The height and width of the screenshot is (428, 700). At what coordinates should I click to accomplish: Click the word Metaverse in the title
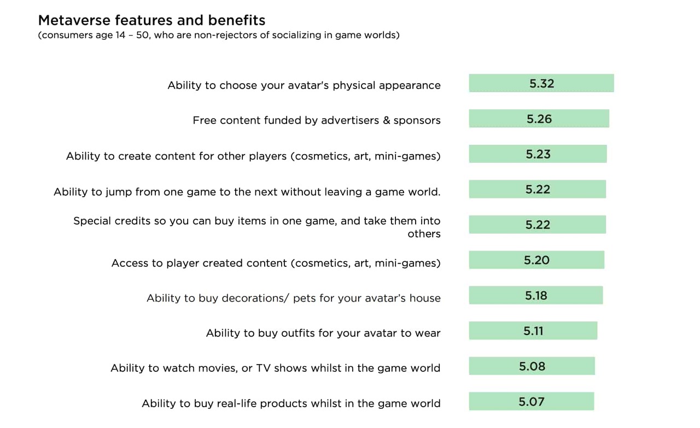(x=74, y=20)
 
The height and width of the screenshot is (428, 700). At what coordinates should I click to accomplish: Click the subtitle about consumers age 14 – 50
(x=219, y=35)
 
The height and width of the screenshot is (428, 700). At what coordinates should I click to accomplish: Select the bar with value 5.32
(x=541, y=83)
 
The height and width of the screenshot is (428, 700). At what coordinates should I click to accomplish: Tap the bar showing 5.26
(x=539, y=119)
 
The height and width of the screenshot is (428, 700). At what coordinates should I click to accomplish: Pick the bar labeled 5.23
(x=538, y=154)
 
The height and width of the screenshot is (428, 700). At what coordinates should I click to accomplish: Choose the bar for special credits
(x=538, y=224)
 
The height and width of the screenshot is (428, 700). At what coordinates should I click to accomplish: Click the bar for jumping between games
(x=538, y=189)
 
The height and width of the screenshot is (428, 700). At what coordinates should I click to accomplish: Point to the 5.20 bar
(x=536, y=260)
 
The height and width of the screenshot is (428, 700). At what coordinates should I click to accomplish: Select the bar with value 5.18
(x=536, y=295)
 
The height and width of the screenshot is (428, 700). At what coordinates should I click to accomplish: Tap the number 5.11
(x=533, y=331)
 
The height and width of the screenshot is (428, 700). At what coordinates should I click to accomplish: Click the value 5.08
(x=532, y=366)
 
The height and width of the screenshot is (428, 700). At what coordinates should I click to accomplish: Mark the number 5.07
(x=532, y=401)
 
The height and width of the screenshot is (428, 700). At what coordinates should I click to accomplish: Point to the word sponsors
(x=417, y=121)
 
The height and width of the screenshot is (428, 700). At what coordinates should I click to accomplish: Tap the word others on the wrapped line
(x=424, y=234)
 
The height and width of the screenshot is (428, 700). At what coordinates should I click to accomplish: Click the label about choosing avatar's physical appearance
(x=304, y=85)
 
